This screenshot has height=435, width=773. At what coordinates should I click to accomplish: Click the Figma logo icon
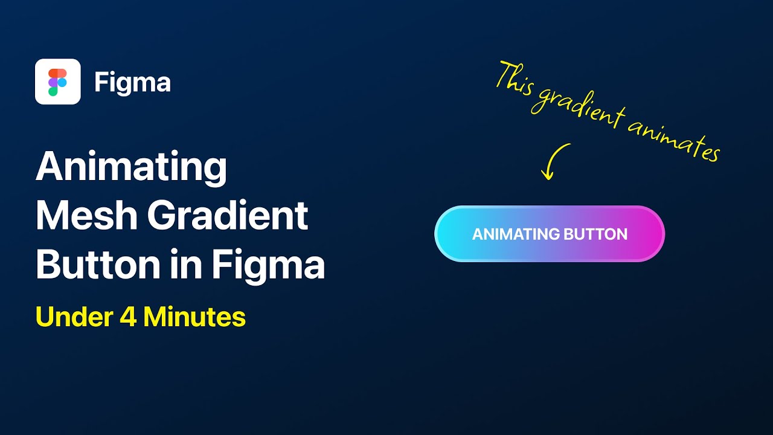point(58,82)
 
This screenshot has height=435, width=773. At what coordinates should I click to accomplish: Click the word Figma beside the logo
point(132,82)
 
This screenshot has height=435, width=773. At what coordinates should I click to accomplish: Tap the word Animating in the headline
point(131,167)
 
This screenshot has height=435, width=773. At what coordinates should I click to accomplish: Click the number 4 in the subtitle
point(128,317)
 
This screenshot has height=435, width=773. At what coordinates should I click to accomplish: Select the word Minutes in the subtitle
point(194,317)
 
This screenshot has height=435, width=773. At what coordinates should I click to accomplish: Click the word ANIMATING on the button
point(515,234)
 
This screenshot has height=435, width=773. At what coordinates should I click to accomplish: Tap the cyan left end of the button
point(450,234)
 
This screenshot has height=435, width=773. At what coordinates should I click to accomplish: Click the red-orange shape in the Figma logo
point(54,73)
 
